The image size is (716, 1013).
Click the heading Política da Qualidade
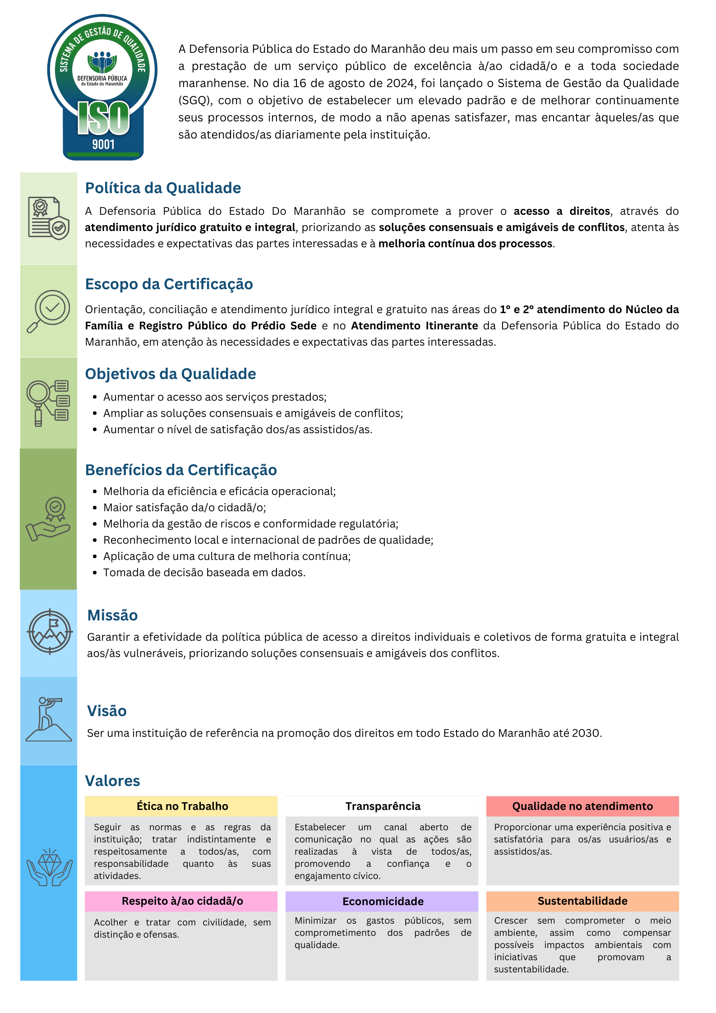coord(163,188)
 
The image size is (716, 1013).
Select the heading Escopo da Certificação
coord(169,284)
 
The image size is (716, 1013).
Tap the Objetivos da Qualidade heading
coord(171,374)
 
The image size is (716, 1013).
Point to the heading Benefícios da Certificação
coord(181,470)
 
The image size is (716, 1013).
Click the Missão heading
coord(112,615)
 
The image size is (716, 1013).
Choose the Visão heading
coord(106,711)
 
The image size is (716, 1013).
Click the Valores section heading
coord(112,781)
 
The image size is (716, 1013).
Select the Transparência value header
coord(382,806)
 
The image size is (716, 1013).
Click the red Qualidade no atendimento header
coord(582,806)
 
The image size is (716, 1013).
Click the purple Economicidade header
coord(382,902)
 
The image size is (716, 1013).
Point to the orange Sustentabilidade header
coord(582,901)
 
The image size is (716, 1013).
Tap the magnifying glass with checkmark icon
coord(49,311)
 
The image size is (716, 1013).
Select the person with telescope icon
coord(49,719)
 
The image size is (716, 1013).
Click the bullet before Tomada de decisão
coord(95,573)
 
